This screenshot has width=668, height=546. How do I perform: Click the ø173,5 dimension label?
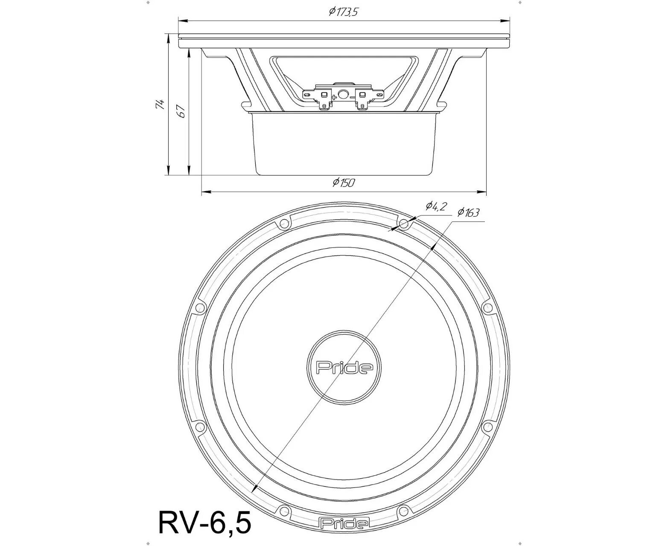coord(343,12)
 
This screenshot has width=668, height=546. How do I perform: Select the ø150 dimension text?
coord(344,183)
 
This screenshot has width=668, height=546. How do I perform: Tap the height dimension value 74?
coord(160,104)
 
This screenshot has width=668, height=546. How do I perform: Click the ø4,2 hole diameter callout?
coord(435,207)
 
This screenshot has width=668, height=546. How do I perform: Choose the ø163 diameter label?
coord(468,212)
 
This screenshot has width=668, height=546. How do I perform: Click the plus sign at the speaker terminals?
coord(334,97)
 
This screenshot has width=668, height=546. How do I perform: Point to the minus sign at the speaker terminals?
coord(352,97)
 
